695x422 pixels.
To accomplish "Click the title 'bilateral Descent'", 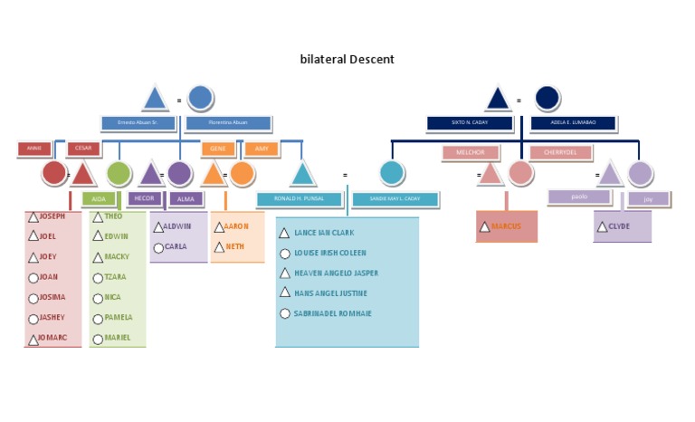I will pos(347,60).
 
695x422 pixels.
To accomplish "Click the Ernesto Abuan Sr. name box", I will pos(138,122).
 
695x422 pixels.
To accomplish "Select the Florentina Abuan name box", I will pos(228,122).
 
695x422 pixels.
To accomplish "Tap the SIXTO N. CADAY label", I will pos(470,122).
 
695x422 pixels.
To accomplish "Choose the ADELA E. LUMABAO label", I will pos(574,122).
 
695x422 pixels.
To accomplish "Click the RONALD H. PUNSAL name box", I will pos(299,199).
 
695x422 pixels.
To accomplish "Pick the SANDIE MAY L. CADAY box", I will pos(395,199).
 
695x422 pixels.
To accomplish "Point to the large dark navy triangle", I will pos(497,99).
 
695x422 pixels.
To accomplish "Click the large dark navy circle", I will pos(547,98).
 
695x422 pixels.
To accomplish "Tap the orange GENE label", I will pos(218,148).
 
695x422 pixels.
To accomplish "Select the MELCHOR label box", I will pos(471,153).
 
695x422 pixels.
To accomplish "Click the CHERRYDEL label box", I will pos(560,153).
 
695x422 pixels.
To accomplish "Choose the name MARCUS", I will pos(506,226).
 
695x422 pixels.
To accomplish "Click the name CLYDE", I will pos(619,226).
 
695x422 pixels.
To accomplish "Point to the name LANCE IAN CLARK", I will pos(324,233).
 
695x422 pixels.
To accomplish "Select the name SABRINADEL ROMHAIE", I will pos(332,313).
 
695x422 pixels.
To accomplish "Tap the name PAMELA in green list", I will pos(118,318).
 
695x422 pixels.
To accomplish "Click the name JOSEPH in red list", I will pos(52,216).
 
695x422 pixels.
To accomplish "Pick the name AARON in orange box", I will pos(235,226).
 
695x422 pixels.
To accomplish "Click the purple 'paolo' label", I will pos(579,197).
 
